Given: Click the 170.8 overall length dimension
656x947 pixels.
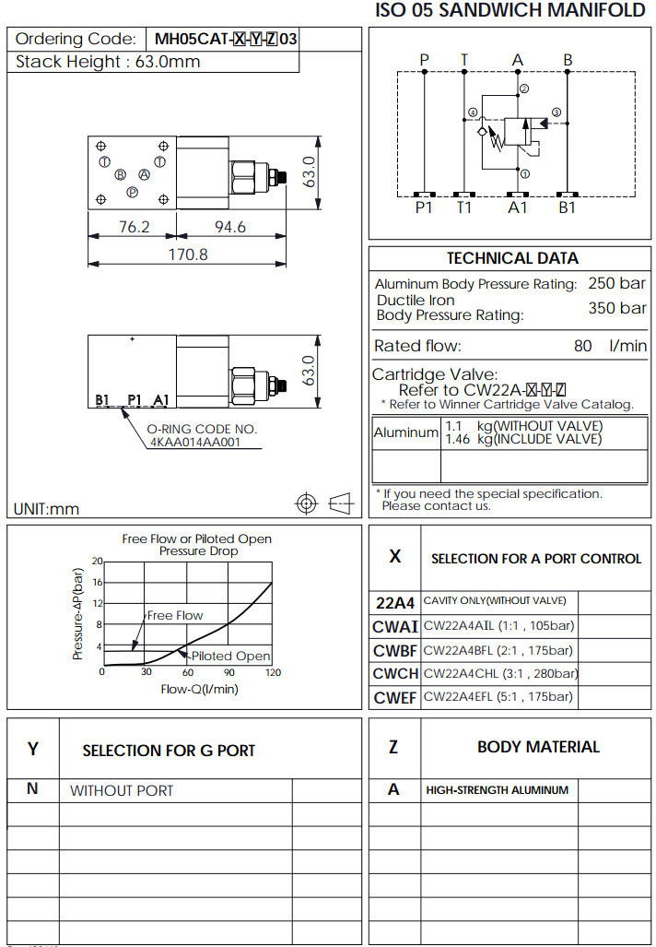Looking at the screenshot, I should tap(188, 254).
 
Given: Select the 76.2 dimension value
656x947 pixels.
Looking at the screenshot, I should tap(134, 227).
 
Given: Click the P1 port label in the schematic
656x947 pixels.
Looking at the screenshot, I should tap(423, 207).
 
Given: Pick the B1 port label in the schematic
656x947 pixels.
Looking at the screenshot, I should tap(568, 207).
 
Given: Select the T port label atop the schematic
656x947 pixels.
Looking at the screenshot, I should tap(465, 60).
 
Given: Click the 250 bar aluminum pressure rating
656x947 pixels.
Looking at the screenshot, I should tap(616, 283).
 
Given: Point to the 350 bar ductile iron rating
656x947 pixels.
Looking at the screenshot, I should tap(616, 308).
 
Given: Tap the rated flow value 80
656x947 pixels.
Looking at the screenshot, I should tap(582, 347).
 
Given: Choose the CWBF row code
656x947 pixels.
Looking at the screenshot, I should tap(394, 650).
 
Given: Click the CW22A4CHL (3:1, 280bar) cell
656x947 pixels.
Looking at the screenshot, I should tap(500, 673).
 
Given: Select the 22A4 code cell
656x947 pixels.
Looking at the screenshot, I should tap(394, 602).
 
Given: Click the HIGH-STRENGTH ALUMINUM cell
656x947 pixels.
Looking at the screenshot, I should tap(497, 790).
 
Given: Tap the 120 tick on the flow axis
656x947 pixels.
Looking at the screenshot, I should tap(273, 672).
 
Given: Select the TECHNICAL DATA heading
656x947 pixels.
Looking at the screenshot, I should tap(512, 258).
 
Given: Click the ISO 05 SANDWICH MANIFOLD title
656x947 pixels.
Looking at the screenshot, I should tap(510, 11).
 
